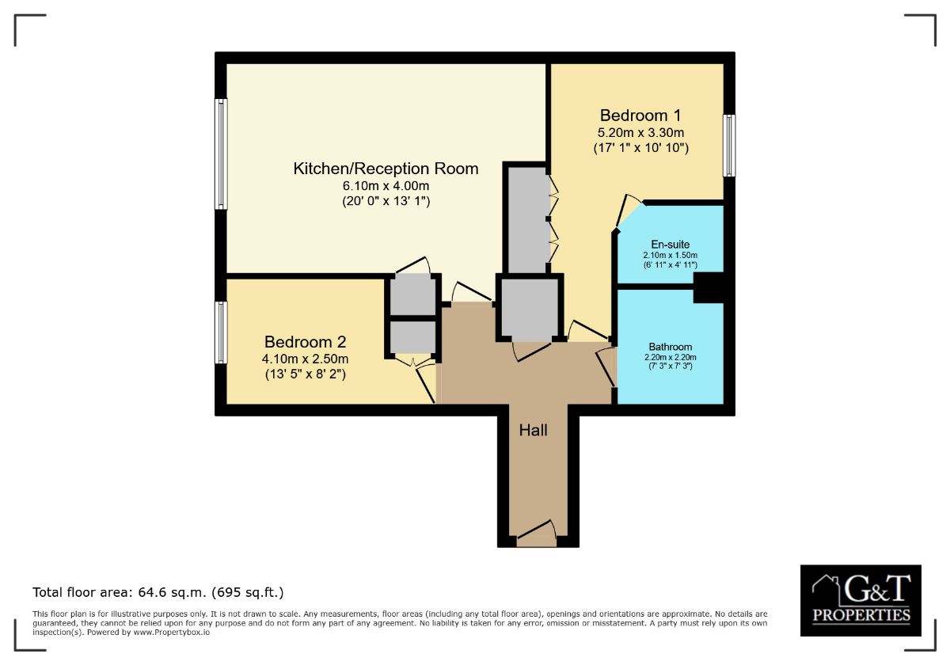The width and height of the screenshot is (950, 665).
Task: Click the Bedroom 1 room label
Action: [640, 116]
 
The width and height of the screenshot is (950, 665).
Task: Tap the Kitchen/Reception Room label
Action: [386, 169]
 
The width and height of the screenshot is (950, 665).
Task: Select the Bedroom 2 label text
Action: [306, 342]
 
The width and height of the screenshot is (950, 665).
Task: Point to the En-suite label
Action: [670, 245]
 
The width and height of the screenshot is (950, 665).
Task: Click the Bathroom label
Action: [670, 347]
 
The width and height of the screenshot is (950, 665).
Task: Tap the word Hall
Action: [533, 431]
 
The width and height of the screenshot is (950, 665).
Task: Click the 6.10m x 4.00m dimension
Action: [386, 186]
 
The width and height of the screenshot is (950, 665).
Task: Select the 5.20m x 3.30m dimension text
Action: [640, 133]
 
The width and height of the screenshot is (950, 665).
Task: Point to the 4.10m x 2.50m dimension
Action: [306, 359]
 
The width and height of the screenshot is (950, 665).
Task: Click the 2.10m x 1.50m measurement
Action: [670, 255]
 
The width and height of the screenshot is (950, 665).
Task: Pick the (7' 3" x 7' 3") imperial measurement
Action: [670, 366]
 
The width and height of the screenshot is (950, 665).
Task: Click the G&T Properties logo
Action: [861, 601]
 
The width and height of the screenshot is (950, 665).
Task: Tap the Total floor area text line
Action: [158, 592]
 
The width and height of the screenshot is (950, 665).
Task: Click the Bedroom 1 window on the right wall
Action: [729, 146]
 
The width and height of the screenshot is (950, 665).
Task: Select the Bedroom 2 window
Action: [221, 332]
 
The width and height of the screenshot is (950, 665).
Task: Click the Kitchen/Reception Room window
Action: [221, 154]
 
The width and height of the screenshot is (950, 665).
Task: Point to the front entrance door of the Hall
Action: [537, 534]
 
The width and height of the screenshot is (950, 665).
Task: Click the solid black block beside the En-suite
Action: [709, 287]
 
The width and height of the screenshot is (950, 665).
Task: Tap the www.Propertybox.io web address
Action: [172, 633]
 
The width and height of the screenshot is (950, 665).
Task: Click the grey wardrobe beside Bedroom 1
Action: [527, 220]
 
